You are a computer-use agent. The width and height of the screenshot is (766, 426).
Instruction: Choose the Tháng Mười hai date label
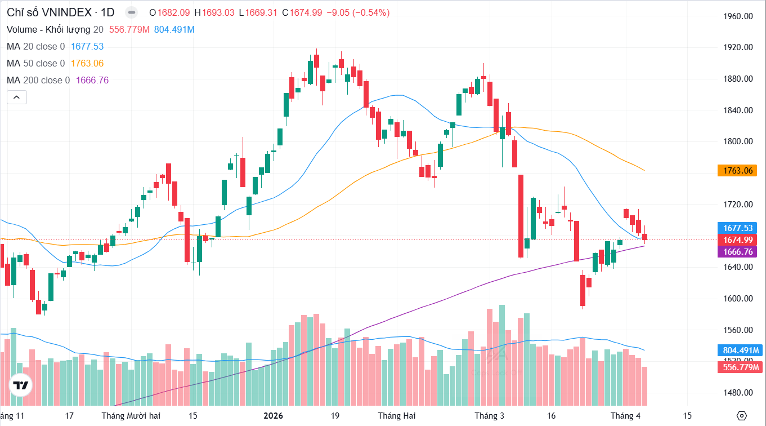tap(131, 416)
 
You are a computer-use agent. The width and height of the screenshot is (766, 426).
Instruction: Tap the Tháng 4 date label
tap(626, 416)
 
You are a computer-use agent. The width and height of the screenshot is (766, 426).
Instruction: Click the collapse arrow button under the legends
tap(16, 97)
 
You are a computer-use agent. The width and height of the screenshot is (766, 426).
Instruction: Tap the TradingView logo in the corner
tap(21, 385)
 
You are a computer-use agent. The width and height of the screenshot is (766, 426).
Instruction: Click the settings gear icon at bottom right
tap(741, 416)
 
